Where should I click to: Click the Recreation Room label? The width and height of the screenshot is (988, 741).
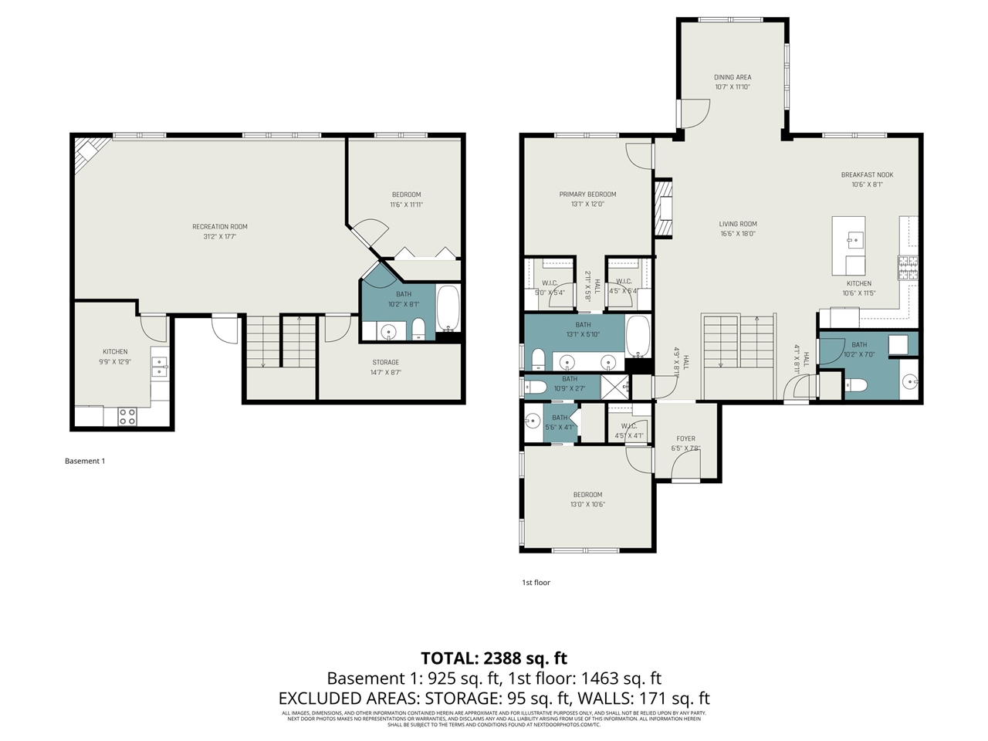coord(220,227)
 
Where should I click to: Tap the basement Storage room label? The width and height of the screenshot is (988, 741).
coord(386,363)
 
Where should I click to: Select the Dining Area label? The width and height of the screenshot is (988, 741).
coord(732,77)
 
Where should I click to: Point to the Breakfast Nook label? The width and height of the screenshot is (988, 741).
coord(867,175)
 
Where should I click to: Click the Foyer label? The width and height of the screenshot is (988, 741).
coord(685,438)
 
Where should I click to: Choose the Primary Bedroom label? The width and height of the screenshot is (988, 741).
coord(587,195)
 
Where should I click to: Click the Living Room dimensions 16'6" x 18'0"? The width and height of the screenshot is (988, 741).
coord(738,234)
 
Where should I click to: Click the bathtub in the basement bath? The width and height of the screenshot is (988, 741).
coord(448,309)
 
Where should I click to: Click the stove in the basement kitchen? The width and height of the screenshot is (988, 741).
coord(127,417)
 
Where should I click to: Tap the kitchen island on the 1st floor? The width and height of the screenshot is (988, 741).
coord(848,245)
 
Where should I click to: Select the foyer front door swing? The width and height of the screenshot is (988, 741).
coord(685,465)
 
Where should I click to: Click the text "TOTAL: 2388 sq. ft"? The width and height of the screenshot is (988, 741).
coord(493,658)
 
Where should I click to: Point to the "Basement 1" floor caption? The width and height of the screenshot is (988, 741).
coord(84,462)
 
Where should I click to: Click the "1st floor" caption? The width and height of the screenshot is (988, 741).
coord(536,583)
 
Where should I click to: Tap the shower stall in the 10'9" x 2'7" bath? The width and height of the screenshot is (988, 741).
coord(615,386)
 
